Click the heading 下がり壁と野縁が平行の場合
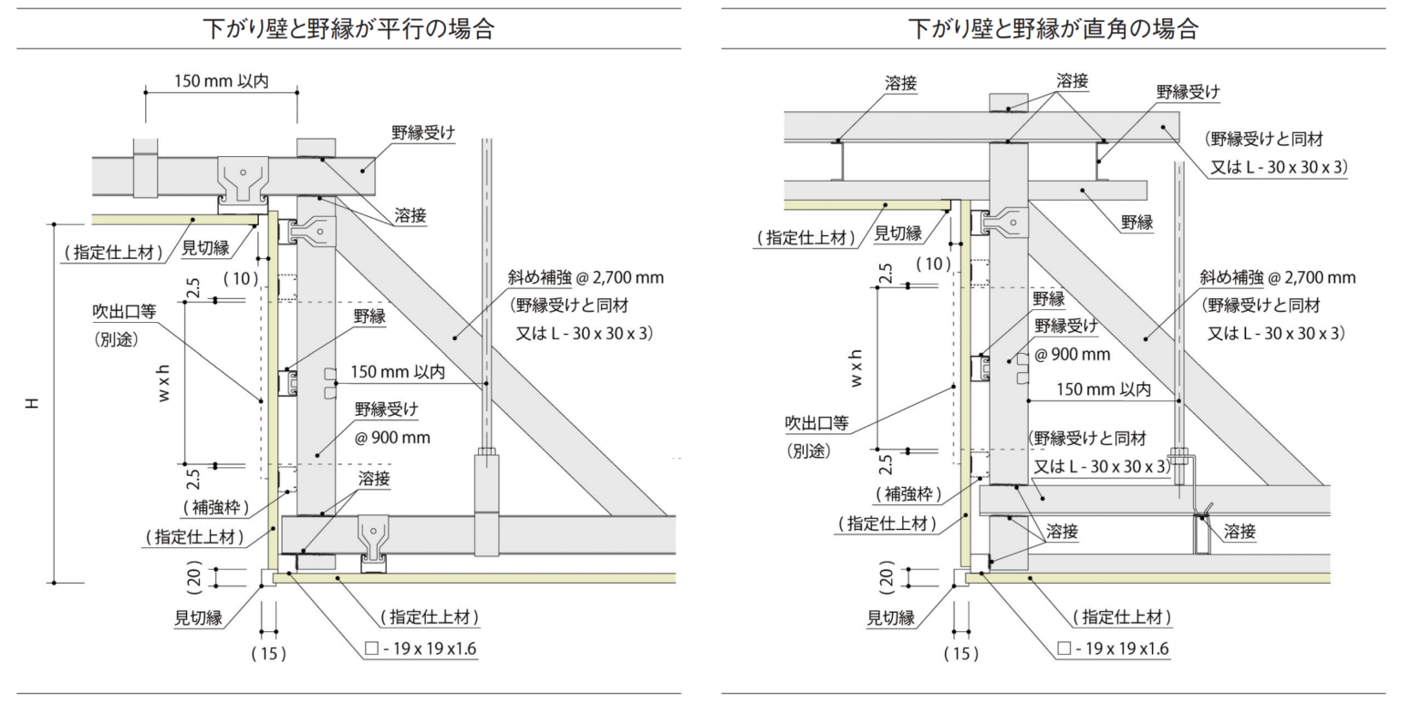pyautogui.click(x=350, y=29)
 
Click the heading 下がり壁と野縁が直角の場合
pyautogui.click(x=1052, y=29)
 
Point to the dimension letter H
pyautogui.click(x=32, y=401)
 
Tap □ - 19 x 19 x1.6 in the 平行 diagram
pyautogui.click(x=420, y=649)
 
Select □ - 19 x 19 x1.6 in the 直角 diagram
pyautogui.click(x=1113, y=649)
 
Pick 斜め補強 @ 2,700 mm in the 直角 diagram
pyautogui.click(x=1277, y=277)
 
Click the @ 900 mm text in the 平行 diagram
pyautogui.click(x=393, y=438)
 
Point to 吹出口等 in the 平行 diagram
pyautogui.click(x=124, y=311)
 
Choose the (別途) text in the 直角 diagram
pyautogui.click(x=809, y=451)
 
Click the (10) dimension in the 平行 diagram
pyautogui.click(x=242, y=276)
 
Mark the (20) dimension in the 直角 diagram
pyautogui.click(x=886, y=576)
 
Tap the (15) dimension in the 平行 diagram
pyautogui.click(x=268, y=653)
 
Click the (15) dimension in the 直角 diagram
pyautogui.click(x=960, y=653)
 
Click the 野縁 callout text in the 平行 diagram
pyautogui.click(x=370, y=316)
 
